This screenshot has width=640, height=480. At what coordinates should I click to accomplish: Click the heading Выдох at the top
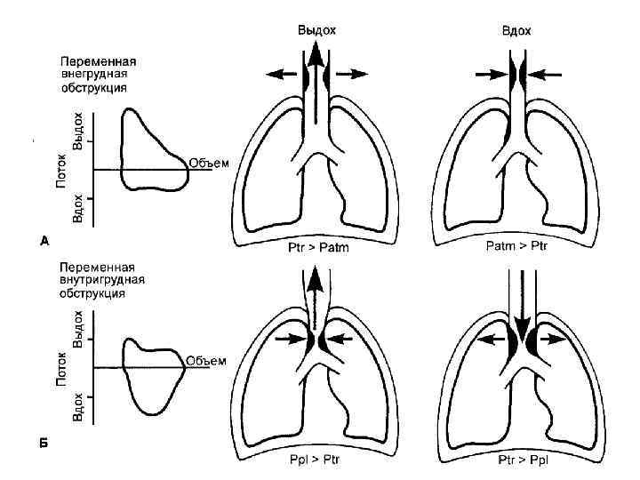pyautogui.click(x=316, y=30)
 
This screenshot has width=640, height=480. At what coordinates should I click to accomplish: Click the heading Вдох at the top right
pyautogui.click(x=516, y=30)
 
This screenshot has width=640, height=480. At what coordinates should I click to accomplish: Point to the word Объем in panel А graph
pyautogui.click(x=209, y=163)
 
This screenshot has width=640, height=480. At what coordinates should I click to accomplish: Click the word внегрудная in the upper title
pyautogui.click(x=92, y=76)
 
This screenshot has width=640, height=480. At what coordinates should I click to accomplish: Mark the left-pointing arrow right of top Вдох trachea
pyautogui.click(x=547, y=75)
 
